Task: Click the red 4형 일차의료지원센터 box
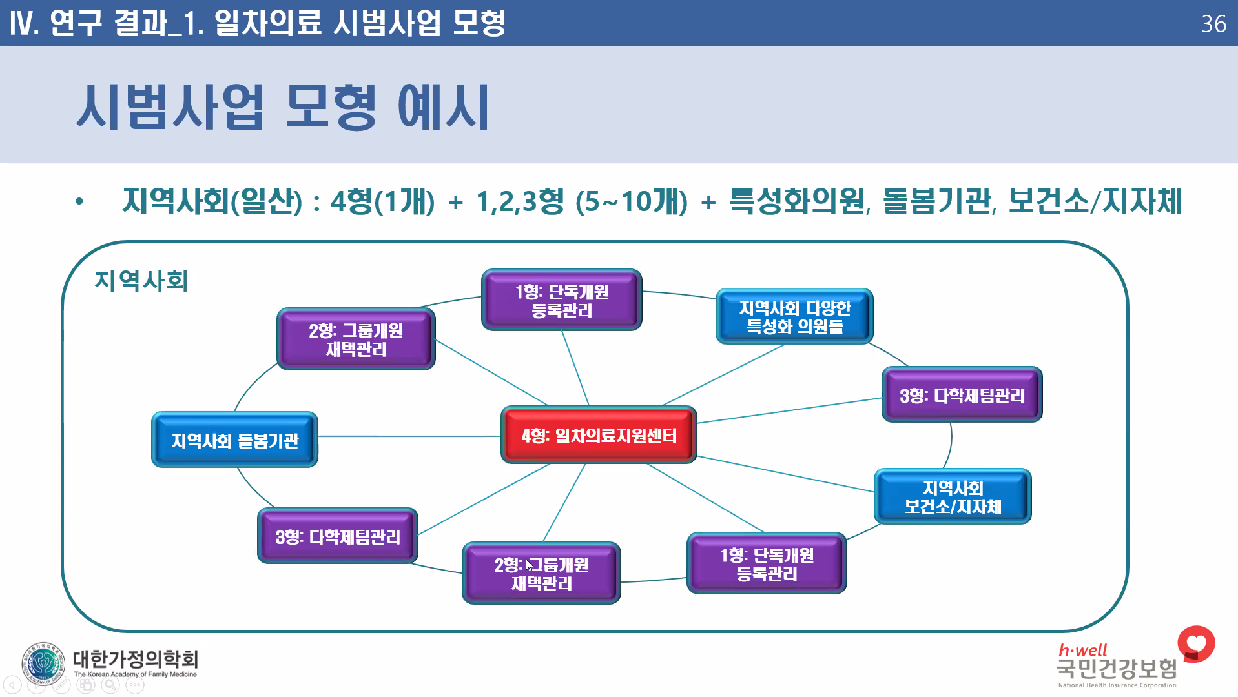[599, 436]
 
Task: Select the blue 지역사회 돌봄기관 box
[234, 440]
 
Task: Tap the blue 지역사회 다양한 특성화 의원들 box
[794, 317]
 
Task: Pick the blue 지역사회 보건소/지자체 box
[953, 497]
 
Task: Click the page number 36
[1213, 24]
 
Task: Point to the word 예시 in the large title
[443, 107]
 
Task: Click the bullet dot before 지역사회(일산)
[79, 201]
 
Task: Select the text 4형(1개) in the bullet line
[382, 201]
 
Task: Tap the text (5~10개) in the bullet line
[631, 201]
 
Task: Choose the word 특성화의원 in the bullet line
[797, 201]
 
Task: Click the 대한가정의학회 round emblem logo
[43, 663]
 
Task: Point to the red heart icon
[1196, 643]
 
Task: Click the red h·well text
[1082, 650]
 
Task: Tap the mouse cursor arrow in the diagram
[529, 565]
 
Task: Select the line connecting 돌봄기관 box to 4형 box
[409, 436]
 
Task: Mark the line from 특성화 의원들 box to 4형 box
[723, 375]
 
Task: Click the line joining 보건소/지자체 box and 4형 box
[785, 474]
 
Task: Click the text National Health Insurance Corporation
[1117, 685]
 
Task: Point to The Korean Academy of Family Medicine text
[135, 674]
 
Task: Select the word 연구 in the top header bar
[76, 23]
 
